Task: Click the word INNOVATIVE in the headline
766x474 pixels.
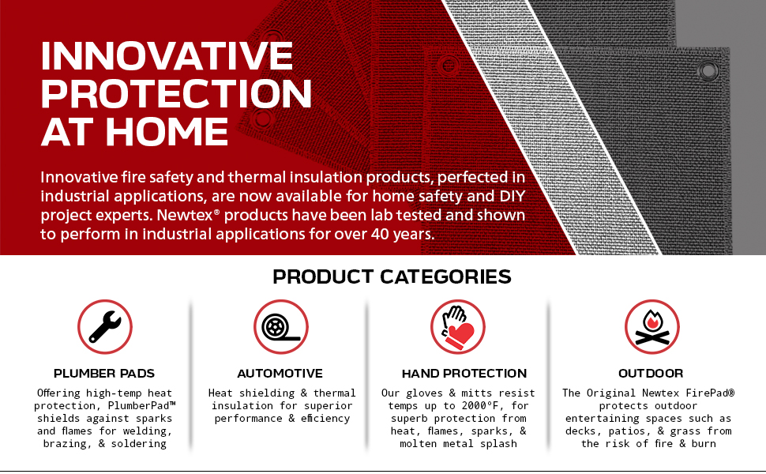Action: point(167,56)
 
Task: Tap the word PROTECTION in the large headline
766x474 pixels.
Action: point(176,94)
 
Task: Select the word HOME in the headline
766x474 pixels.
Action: point(167,132)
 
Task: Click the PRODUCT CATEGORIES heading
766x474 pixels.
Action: point(392,276)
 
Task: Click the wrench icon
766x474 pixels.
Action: point(105,326)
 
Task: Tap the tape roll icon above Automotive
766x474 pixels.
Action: point(281,326)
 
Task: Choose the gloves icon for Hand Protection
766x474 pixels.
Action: point(458,326)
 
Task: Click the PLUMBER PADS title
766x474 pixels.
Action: point(104,374)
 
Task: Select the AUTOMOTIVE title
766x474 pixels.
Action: point(280,374)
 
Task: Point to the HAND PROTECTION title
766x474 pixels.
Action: point(464,374)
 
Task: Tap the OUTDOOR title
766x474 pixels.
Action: point(651,374)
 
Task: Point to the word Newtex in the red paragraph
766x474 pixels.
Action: point(185,215)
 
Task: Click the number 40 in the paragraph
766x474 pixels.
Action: point(380,234)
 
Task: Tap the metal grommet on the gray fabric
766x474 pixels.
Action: point(708,70)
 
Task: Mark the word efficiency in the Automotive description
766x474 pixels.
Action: point(325,418)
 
